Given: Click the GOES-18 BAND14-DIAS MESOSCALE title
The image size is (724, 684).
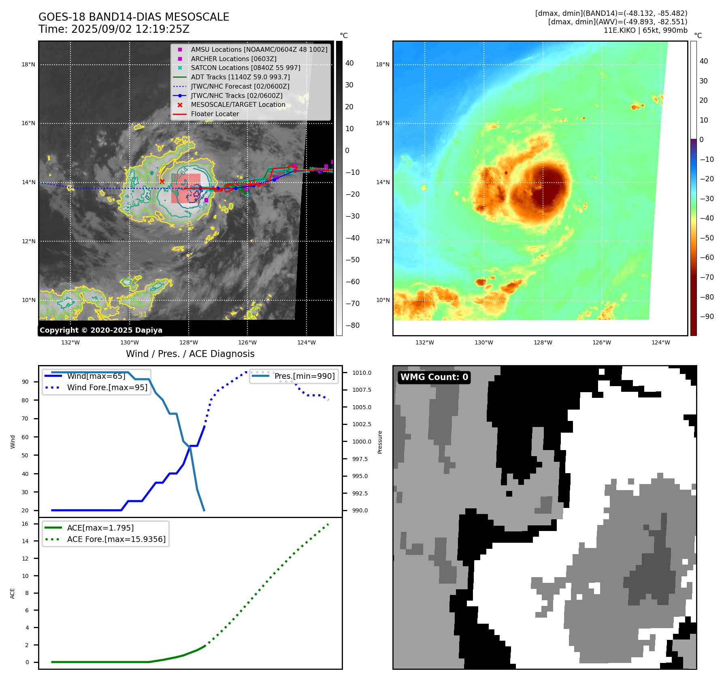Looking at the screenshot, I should point(134,17).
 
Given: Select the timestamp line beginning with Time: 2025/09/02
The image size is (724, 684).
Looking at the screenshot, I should point(114,29).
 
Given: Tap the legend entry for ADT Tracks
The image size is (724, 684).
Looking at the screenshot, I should point(240,77).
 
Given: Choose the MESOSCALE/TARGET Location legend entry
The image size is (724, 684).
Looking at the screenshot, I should point(238,104).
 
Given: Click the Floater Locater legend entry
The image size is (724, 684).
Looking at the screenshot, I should point(215,114).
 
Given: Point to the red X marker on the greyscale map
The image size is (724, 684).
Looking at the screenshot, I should point(162,181).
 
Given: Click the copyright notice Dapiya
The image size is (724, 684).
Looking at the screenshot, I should point(101,330).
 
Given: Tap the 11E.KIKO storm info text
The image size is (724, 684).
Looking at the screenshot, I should point(645,30).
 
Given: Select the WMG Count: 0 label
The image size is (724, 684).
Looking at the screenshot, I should point(434,377).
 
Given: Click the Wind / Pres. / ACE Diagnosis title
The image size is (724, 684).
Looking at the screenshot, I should point(190,354).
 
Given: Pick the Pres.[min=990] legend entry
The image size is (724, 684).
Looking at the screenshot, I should point(304,376).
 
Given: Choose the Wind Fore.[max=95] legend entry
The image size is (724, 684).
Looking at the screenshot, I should point(107,387).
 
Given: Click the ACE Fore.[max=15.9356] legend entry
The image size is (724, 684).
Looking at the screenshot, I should point(116,539).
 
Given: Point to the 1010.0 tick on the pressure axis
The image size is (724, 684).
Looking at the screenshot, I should point(361,373).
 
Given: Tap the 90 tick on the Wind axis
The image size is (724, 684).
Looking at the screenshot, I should point(25,382).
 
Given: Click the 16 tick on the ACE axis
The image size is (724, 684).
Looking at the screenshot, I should point(25,524).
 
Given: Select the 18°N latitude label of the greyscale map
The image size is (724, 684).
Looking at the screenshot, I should point(28,64).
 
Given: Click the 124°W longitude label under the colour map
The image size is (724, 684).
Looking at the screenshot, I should point(660,342).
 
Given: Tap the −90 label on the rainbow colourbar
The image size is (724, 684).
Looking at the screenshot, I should point(707,317).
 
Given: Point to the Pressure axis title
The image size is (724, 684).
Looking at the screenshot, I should point(380,442).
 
